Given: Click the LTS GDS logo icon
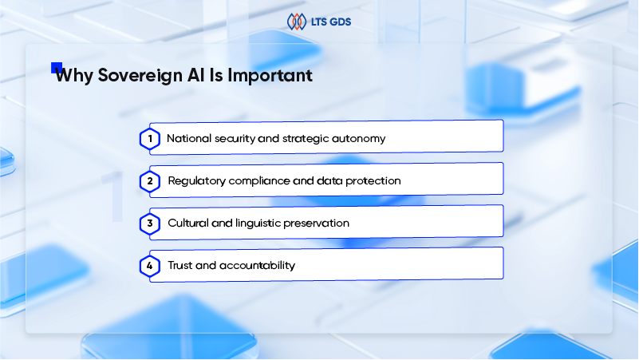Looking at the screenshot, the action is point(297,22).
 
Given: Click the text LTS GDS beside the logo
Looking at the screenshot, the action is point(331,22).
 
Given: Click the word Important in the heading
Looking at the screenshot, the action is point(270,75).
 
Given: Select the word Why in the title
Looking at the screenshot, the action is point(74,76).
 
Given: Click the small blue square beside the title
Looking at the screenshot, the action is point(56,67).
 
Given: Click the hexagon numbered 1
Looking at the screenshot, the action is point(149,139).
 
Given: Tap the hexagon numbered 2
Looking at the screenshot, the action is point(149,181).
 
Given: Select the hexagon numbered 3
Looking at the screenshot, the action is point(149,224).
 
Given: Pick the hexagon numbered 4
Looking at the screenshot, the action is point(149,266).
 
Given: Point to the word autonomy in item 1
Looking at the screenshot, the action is point(359,139).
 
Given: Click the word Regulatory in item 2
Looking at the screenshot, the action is point(197,181).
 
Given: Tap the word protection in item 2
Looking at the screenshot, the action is point(373,181).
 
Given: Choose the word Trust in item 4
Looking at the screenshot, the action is point(179,266).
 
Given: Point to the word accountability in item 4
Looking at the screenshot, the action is point(257,266).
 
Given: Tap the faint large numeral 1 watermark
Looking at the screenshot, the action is point(115,196).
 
